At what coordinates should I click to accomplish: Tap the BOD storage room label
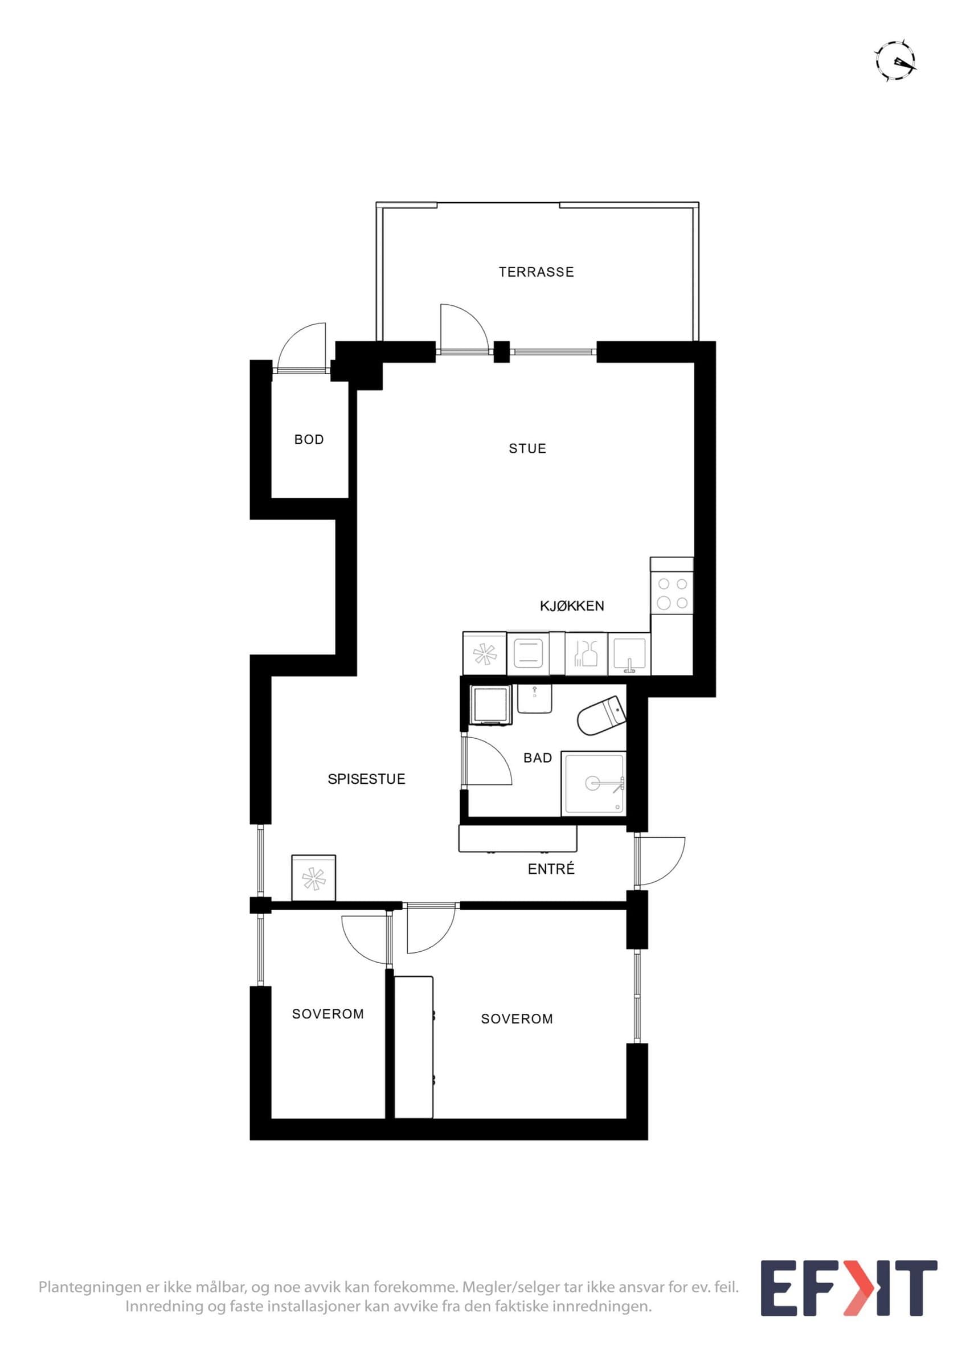pos(309,439)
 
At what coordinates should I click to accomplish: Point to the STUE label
pos(527,448)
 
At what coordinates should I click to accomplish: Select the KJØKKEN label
pos(571,606)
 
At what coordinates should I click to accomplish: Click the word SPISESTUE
pos(366,779)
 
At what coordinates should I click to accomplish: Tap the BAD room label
pos(538,758)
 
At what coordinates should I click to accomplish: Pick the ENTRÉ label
pos(551,869)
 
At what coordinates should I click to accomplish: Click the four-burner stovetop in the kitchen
pos(672,594)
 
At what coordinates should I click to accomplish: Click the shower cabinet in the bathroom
pos(594,783)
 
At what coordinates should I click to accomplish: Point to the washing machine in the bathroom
pos(491,705)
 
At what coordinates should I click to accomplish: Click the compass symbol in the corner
pos(896,60)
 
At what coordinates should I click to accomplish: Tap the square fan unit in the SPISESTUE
pos(314,878)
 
